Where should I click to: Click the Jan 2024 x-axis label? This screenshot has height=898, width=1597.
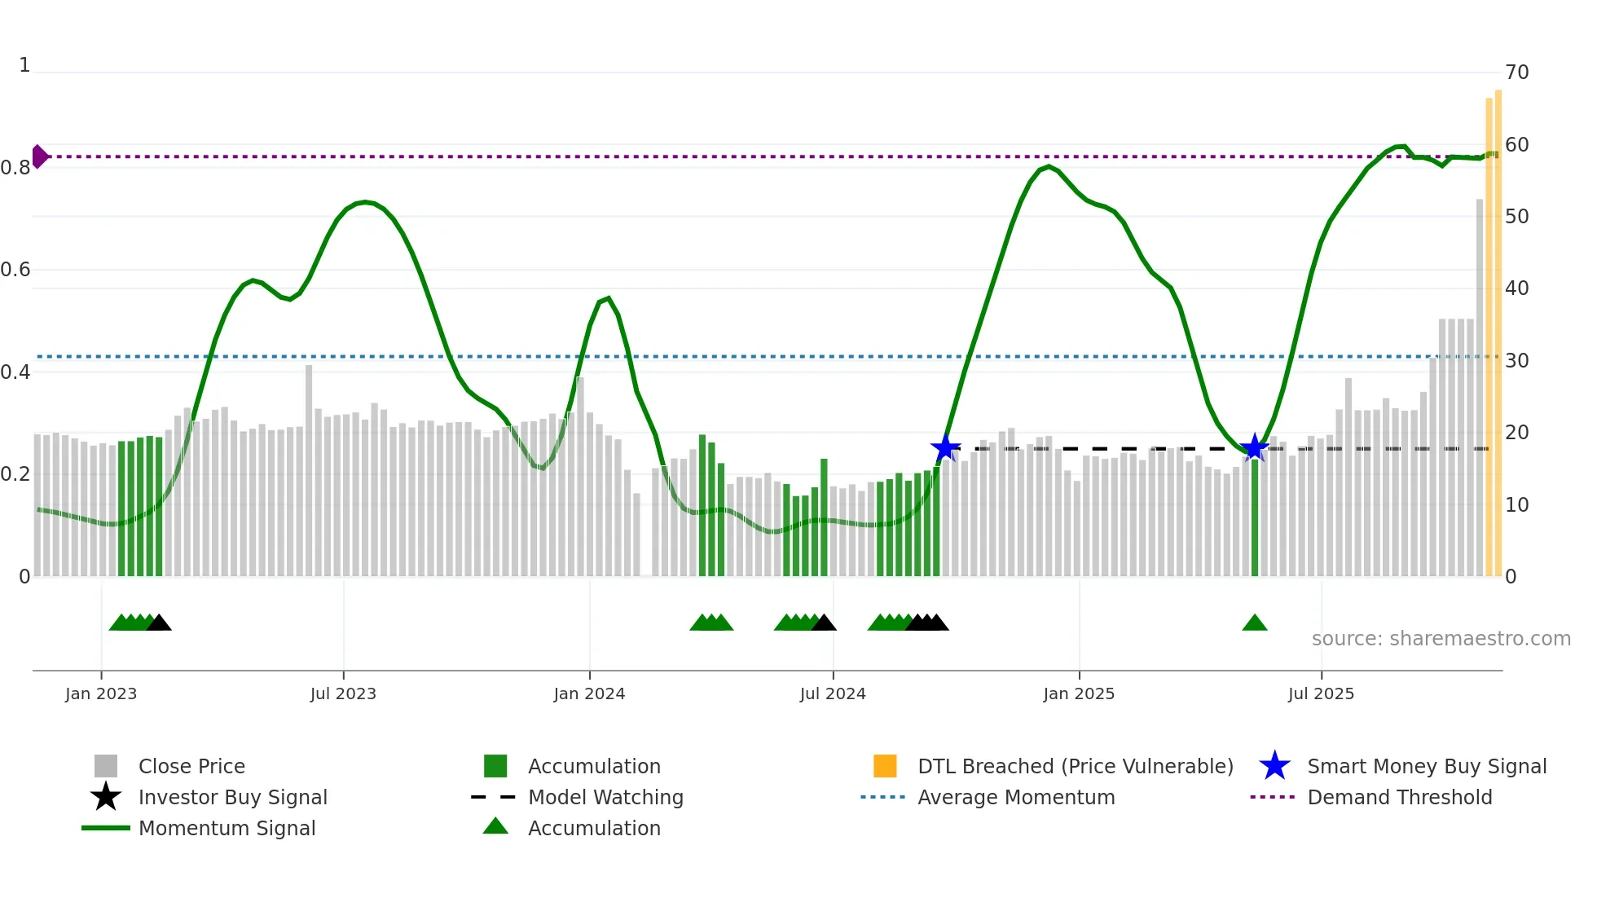click(589, 693)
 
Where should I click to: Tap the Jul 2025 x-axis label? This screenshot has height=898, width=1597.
click(1321, 693)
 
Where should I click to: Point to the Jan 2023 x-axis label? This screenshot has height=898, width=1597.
click(101, 693)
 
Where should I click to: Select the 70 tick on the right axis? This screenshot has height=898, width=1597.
click(1516, 73)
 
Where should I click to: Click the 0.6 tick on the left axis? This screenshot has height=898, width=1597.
click(15, 270)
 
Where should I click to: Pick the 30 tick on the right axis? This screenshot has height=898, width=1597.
click(1516, 360)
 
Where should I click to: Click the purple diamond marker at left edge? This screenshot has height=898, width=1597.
click(39, 156)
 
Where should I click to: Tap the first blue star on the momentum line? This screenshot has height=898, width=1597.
click(945, 448)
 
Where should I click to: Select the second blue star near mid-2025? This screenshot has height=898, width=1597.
click(1255, 447)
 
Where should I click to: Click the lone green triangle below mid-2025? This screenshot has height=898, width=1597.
click(1255, 623)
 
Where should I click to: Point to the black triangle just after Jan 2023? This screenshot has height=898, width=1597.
click(159, 623)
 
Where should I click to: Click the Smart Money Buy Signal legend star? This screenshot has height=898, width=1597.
click(1274, 766)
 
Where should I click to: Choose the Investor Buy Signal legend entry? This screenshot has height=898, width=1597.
click(232, 797)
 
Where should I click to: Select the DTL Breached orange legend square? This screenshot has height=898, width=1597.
click(885, 766)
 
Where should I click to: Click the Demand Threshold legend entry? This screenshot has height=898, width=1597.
click(1399, 797)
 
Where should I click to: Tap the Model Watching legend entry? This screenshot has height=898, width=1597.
click(605, 797)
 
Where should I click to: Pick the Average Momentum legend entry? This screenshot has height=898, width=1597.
click(1015, 797)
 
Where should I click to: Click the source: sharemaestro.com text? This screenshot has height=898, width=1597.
click(1441, 639)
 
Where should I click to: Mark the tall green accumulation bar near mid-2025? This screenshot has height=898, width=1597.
click(1255, 522)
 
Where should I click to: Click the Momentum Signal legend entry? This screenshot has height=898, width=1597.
click(227, 828)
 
